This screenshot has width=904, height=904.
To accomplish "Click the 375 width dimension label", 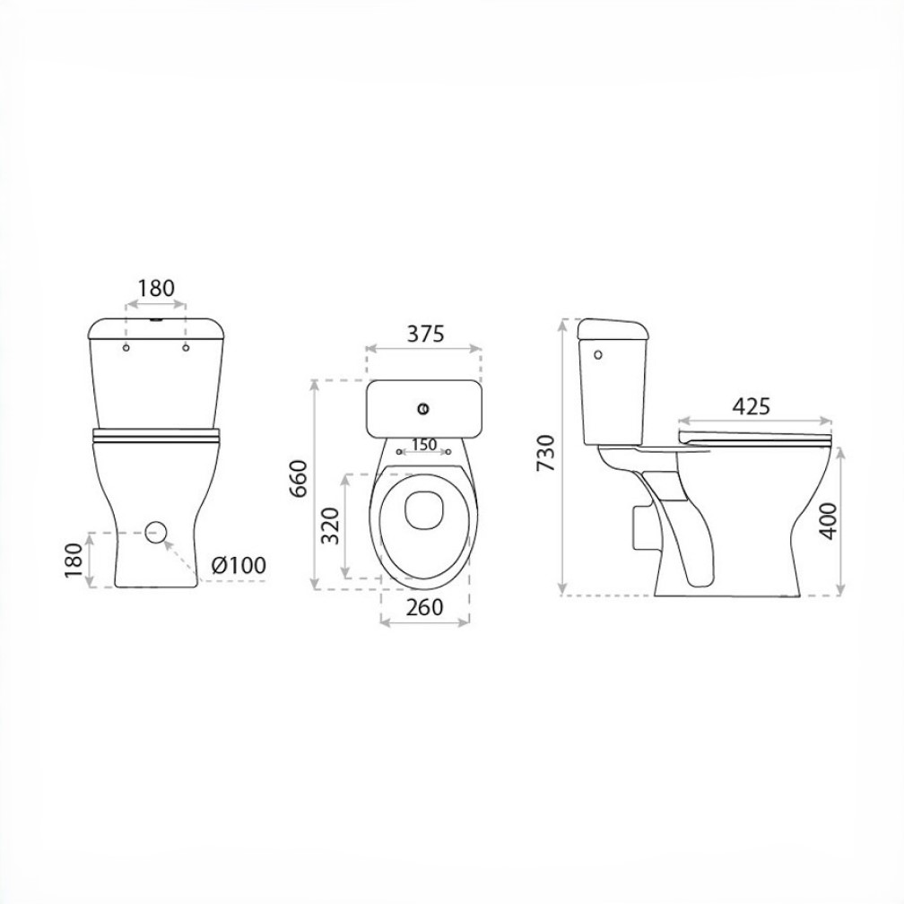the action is (x=425, y=334).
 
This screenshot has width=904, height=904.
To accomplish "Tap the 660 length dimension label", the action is (x=299, y=479).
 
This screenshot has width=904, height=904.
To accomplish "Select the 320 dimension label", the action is (x=330, y=526).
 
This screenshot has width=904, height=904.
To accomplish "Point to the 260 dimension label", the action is (x=424, y=607).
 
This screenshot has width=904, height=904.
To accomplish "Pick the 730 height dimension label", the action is (x=545, y=453).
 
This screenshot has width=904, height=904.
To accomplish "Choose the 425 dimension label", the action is (x=751, y=406).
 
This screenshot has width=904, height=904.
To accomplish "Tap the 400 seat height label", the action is (x=828, y=520).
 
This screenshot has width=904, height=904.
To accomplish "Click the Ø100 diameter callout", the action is (x=239, y=565).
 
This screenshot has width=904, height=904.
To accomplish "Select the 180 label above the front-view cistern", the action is (x=156, y=288).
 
